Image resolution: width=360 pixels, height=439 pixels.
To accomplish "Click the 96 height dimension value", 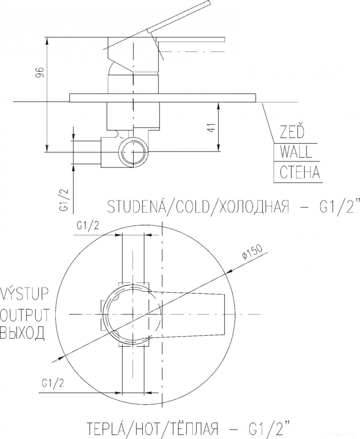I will tap(39, 72).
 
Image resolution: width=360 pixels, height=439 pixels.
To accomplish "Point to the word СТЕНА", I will tap(299, 172).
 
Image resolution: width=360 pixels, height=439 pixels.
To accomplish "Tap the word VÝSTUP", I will tap(23, 294).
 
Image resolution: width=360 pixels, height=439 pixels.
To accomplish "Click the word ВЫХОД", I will tap(23, 334).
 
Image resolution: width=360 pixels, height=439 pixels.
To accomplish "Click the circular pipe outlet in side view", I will tap(133, 152).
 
